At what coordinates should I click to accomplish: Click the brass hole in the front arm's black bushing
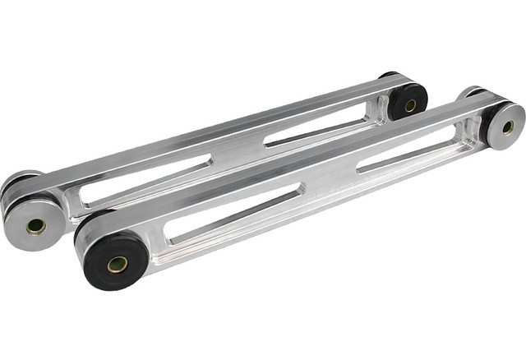click(118, 264)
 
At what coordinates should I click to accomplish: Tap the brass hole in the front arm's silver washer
click(507, 127)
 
